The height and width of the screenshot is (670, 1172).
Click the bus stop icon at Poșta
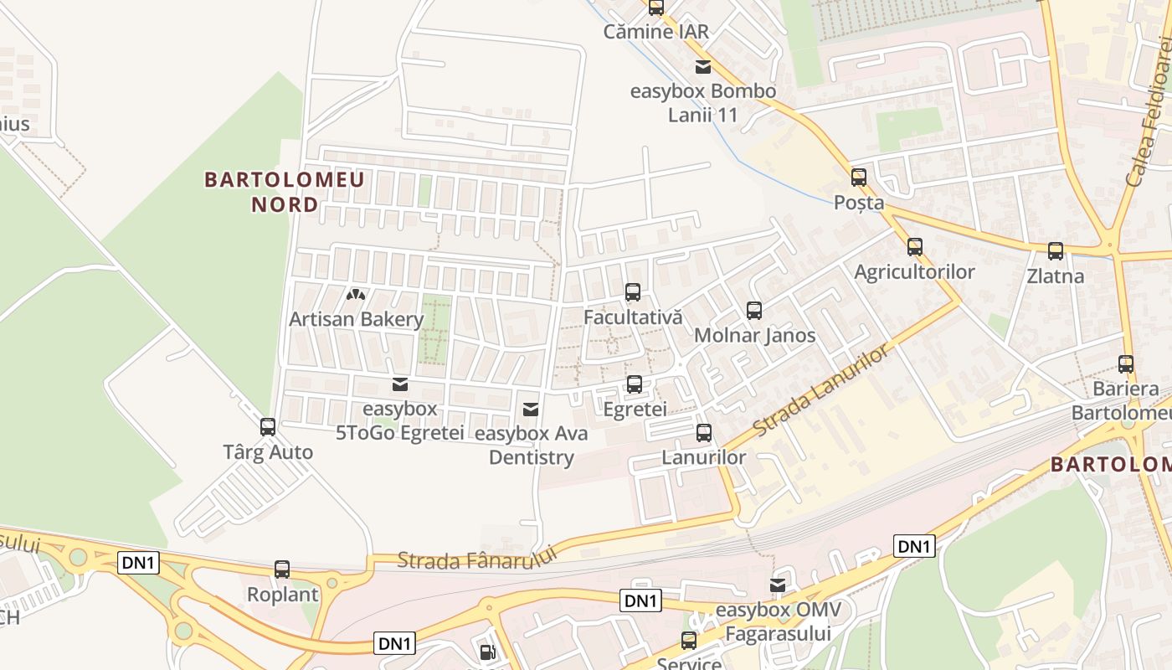(x=859, y=178)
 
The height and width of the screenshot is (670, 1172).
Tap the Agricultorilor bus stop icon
(x=914, y=247)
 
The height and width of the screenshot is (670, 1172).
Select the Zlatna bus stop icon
(x=1056, y=251)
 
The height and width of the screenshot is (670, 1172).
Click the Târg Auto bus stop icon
(x=268, y=427)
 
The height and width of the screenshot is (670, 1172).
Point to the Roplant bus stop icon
(x=282, y=569)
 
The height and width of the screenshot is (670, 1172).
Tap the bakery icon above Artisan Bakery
(x=356, y=295)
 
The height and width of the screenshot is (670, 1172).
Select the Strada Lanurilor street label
(x=820, y=390)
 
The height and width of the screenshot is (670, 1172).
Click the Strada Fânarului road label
(x=477, y=559)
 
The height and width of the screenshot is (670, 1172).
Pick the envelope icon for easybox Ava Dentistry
(x=530, y=410)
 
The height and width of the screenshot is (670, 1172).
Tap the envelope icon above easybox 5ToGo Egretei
(x=399, y=384)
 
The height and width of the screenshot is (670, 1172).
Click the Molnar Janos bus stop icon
(x=754, y=311)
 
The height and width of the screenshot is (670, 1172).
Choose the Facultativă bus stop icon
(x=633, y=292)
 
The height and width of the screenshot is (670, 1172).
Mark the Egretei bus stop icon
(x=635, y=384)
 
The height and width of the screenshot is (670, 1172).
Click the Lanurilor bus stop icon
(x=704, y=433)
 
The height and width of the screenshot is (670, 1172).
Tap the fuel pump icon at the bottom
(x=487, y=652)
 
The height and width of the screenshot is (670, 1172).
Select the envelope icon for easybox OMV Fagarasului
(x=778, y=585)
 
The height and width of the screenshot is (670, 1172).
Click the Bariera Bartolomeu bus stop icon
(x=1126, y=364)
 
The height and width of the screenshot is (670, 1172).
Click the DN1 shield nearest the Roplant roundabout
(x=139, y=563)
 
